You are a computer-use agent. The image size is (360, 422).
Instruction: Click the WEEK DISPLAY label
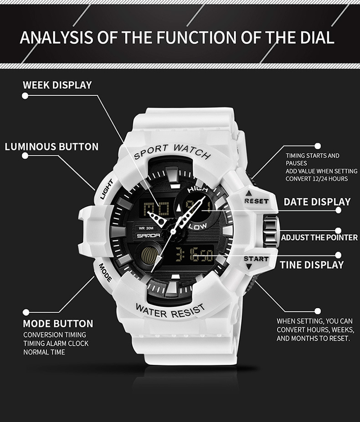coord(57,85)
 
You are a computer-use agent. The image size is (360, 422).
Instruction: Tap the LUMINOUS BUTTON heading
coord(51,147)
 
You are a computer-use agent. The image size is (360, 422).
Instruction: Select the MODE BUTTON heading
coord(58,323)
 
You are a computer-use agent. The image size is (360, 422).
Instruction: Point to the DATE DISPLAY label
coord(317,202)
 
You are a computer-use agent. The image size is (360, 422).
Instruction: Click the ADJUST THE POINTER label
coord(319,237)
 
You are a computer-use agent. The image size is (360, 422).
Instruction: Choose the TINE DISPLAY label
coord(312,265)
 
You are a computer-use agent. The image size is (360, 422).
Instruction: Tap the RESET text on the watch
coord(257,201)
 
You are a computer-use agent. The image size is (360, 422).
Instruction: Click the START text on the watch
coord(256,259)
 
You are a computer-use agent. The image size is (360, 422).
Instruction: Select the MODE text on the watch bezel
coord(105,272)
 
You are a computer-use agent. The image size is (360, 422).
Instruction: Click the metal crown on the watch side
coord(270,231)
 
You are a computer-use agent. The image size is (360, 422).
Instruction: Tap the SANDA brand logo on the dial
coord(149,236)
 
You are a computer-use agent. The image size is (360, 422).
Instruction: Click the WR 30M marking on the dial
coord(146,228)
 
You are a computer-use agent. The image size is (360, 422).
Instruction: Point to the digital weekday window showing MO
coord(156,208)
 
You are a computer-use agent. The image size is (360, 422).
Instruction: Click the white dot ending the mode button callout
coord(26,312)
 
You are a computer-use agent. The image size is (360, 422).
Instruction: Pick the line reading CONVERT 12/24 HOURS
coord(317,179)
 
